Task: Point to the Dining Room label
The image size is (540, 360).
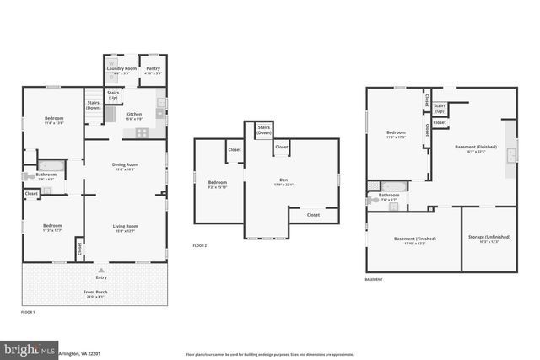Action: point(125,164)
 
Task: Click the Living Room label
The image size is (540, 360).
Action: point(125,226)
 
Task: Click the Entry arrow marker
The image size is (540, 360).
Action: point(101,271)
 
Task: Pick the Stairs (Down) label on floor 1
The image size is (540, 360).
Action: point(93,105)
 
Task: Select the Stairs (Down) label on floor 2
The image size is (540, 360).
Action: point(263,130)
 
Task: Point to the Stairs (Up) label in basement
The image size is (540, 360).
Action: point(440,109)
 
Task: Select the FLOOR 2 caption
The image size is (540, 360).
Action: point(199,245)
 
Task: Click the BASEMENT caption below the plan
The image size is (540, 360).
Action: point(374,279)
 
